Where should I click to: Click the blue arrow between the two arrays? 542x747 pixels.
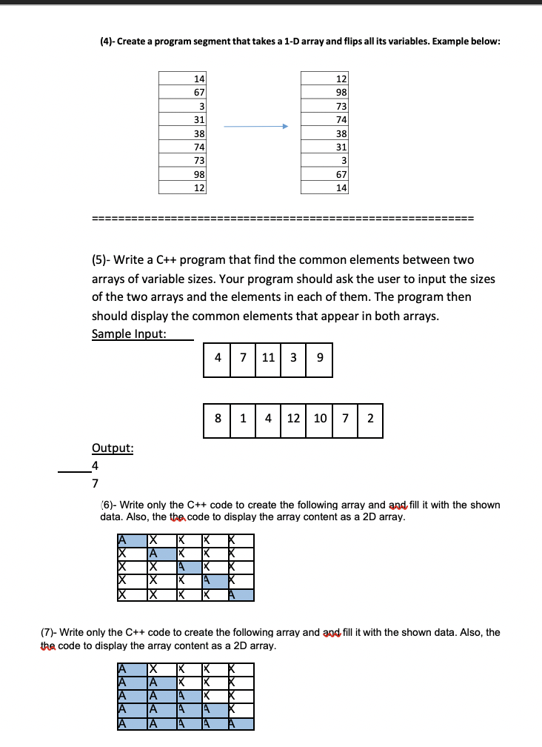[x=255, y=127]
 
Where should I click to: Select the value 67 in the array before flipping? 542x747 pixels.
[x=198, y=92]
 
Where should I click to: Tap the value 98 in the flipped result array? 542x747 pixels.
[x=341, y=92]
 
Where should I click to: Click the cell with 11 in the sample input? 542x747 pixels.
[x=268, y=357]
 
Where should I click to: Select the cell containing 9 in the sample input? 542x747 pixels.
[x=319, y=357]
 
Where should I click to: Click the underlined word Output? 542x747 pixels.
[x=113, y=448]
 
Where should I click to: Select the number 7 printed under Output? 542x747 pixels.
[x=95, y=484]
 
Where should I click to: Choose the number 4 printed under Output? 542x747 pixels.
[x=95, y=466]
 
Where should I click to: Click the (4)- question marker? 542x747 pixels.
[x=108, y=41]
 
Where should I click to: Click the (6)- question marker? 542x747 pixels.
[x=108, y=505]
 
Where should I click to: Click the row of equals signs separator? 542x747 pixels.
[x=282, y=219]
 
